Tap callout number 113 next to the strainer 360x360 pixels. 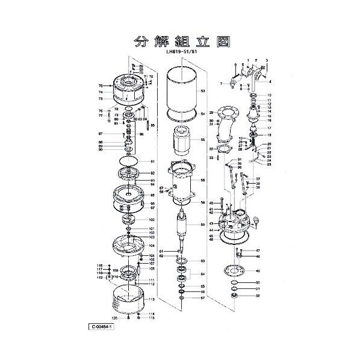coord(152,299)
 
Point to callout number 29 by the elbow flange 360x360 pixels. coord(211,113)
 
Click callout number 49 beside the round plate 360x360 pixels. coord(258,270)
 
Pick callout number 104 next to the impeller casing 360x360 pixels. coord(152,246)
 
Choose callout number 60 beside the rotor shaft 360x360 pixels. coord(203,225)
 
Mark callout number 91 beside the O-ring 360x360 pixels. coord(152,161)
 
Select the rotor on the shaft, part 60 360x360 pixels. coord(183,227)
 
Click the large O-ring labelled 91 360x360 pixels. coord(128,161)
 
